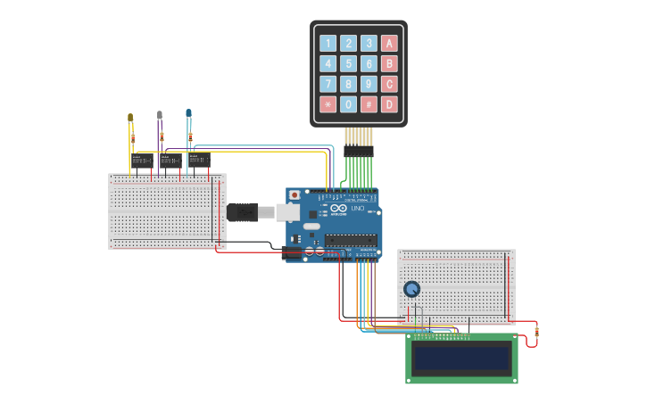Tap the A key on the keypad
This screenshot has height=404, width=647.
coord(389,43)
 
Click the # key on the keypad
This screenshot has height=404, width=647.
coord(369,104)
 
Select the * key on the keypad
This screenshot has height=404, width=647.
coord(328,104)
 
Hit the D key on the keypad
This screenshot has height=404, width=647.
coord(389,104)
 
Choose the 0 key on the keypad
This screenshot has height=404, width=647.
coord(348,104)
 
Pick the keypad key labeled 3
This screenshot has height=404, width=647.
coord(369,43)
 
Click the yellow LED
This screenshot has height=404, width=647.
coord(130,118)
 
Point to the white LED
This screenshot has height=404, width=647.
coord(160,116)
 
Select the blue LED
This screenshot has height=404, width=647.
coord(188,113)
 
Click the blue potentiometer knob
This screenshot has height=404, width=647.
coord(411,289)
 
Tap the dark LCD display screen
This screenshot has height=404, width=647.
coord(461,359)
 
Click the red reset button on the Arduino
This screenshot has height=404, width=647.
coord(294,194)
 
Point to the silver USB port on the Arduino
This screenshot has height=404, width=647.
coord(286,211)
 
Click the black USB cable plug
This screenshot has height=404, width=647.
coord(243,211)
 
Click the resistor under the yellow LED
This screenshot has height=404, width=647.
coord(133,138)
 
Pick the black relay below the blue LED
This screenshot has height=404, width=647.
coord(199,161)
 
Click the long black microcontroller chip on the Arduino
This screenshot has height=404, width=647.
coord(350,239)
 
